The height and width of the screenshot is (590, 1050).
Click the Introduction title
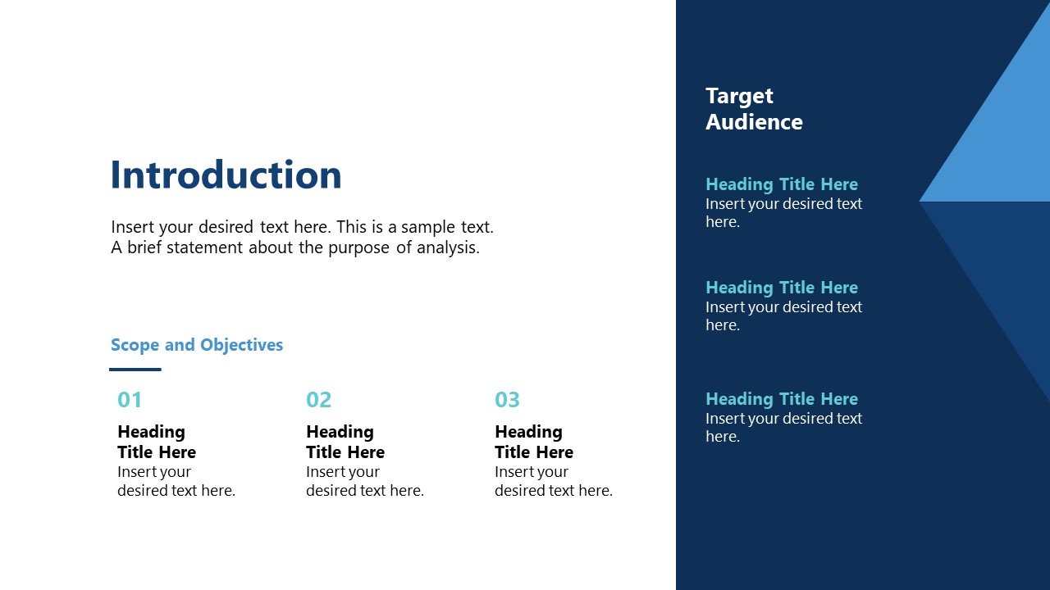tap(226, 175)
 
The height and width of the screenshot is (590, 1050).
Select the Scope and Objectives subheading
tap(197, 345)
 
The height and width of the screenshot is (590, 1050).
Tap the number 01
tap(130, 400)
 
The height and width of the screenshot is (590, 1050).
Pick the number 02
tap(318, 400)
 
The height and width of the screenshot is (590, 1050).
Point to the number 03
tap(507, 400)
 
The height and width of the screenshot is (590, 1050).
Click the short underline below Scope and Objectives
tap(135, 370)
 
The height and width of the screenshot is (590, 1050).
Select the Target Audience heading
tap(753, 109)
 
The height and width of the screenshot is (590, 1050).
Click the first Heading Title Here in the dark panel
tap(781, 184)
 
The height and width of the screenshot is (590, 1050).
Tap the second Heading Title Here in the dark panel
tap(781, 288)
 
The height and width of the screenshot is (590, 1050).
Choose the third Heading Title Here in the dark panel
tap(781, 399)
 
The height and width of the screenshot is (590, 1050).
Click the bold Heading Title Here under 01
tap(156, 442)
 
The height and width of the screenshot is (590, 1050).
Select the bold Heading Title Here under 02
tap(345, 442)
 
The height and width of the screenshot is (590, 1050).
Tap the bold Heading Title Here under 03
tap(533, 442)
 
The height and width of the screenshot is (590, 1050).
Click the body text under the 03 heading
tap(553, 481)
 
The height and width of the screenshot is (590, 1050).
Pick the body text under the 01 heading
tap(176, 481)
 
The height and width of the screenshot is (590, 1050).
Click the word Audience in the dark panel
tap(753, 122)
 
